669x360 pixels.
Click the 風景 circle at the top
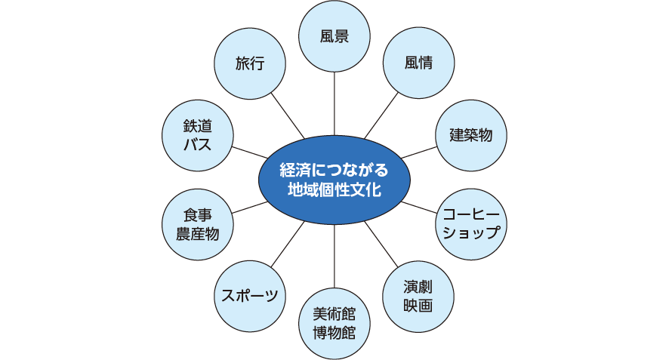(x=334, y=37)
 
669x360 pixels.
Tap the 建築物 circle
(x=470, y=135)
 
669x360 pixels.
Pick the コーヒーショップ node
(x=470, y=223)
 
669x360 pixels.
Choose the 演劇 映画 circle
(x=418, y=296)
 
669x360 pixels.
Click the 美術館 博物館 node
(x=334, y=322)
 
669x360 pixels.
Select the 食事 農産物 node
(x=198, y=223)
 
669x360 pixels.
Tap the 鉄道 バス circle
(x=198, y=135)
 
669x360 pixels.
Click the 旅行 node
(x=250, y=63)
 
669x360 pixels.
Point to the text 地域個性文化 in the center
(x=334, y=190)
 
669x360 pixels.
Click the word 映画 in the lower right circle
(x=418, y=305)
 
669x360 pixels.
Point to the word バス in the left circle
(x=198, y=144)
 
